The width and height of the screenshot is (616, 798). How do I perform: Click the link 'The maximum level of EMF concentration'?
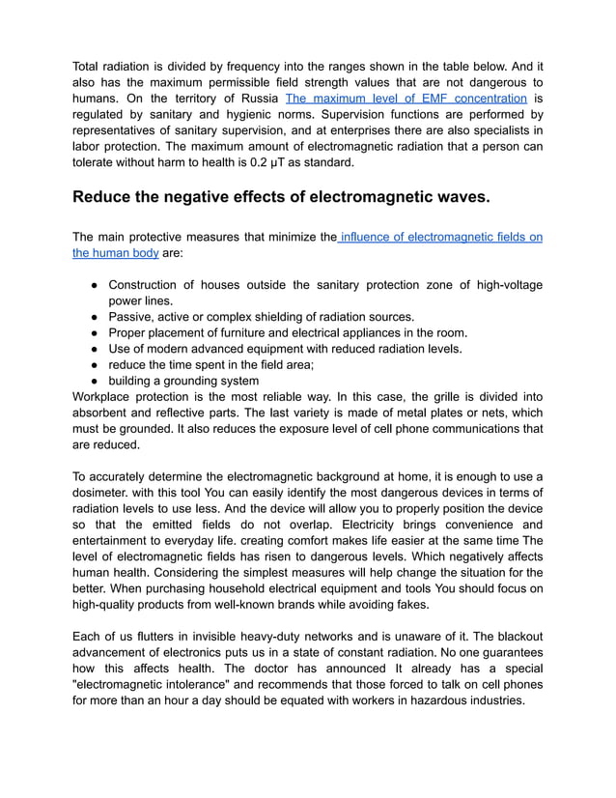pos(406,99)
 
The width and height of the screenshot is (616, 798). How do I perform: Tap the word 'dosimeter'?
pos(107,493)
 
